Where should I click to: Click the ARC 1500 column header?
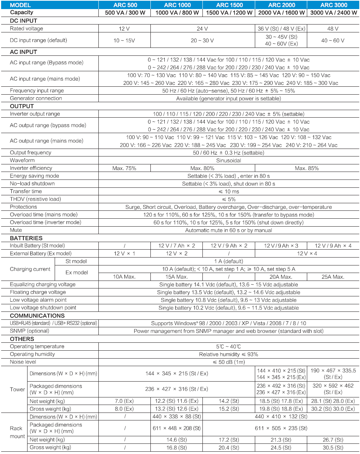229,5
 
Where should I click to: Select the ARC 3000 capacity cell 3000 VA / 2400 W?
333,13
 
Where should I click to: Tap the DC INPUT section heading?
23,21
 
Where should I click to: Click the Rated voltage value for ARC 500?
124,29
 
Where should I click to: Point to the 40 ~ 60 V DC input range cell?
333,40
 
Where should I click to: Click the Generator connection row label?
36,98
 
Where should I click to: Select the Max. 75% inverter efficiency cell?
124,168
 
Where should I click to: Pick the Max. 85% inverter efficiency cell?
306,168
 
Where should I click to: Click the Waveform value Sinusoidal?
228,161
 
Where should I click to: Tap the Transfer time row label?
26,192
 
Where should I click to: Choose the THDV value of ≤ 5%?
228,199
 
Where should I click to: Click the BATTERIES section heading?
26,238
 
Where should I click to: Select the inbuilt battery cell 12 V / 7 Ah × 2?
176,246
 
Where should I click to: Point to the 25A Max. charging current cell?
333,277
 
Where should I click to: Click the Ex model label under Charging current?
77,273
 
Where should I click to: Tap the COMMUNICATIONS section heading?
37,316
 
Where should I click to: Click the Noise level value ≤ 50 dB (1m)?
228,362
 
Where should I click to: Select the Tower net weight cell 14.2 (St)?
229,401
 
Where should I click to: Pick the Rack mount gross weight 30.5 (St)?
333,448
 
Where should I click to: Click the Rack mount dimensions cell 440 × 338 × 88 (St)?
176,417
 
